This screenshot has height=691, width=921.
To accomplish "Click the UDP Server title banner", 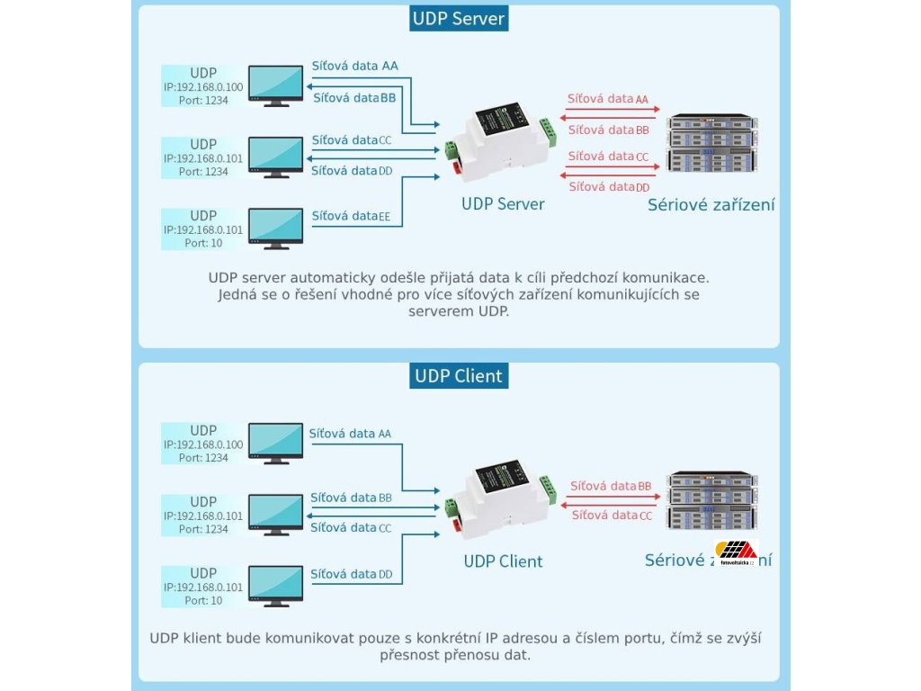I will tap(459, 19).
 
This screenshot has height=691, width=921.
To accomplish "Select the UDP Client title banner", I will tap(459, 376).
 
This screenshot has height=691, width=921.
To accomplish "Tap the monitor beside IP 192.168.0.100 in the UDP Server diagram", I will tap(276, 85).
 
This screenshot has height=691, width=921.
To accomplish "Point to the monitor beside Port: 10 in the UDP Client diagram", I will tap(276, 586).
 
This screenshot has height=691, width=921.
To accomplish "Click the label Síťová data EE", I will tap(351, 216).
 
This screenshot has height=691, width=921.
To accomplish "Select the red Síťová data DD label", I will tap(609, 187).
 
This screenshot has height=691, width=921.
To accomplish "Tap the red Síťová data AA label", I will tap(608, 99).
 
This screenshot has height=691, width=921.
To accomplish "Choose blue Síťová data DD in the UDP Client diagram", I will tap(351, 574).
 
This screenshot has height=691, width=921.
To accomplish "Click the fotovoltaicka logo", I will tap(735, 550).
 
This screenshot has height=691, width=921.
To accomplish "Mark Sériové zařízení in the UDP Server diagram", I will tap(711, 205).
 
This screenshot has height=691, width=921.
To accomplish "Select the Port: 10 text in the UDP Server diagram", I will tap(203, 243).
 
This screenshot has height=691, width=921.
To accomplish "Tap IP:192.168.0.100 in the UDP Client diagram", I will tap(203, 444).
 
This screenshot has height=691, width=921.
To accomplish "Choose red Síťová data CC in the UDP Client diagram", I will tap(612, 516).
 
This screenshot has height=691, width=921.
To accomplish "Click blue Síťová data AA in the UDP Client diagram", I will tap(350, 434).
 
